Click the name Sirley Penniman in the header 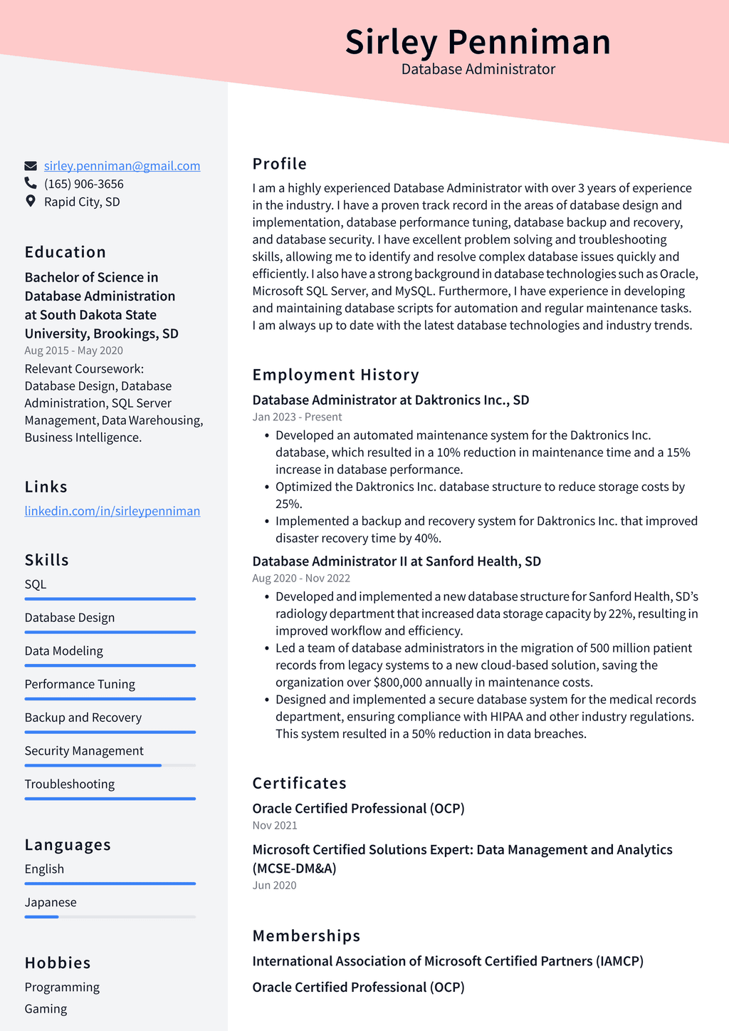pyautogui.click(x=478, y=42)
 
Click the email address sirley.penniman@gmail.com pyautogui.click(x=122, y=166)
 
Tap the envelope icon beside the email pyautogui.click(x=31, y=166)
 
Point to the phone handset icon pyautogui.click(x=31, y=184)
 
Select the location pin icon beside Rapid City pyautogui.click(x=31, y=202)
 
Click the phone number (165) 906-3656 pyautogui.click(x=84, y=184)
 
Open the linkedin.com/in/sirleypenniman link pyautogui.click(x=112, y=511)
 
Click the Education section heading pyautogui.click(x=65, y=252)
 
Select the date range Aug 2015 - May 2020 pyautogui.click(x=73, y=351)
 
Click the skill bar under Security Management pyautogui.click(x=110, y=765)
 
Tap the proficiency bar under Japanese pyautogui.click(x=110, y=917)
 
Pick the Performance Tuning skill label pyautogui.click(x=80, y=684)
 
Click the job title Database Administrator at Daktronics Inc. pyautogui.click(x=390, y=400)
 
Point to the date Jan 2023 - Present pyautogui.click(x=297, y=417)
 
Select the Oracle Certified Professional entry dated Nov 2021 pyautogui.click(x=358, y=809)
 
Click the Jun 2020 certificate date pyautogui.click(x=274, y=885)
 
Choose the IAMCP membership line pyautogui.click(x=448, y=961)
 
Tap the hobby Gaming pyautogui.click(x=46, y=1009)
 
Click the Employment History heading pyautogui.click(x=335, y=375)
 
